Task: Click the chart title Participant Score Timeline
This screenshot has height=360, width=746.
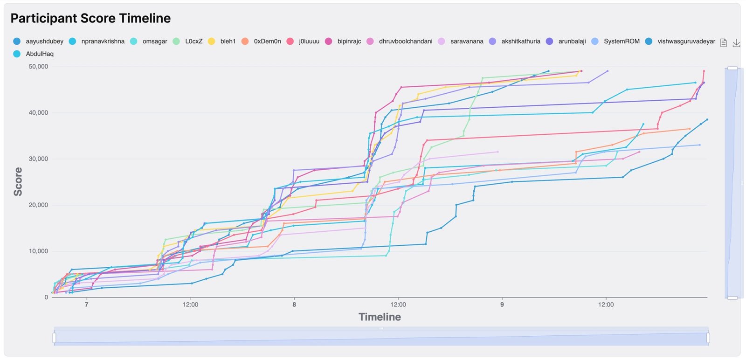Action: coord(90,18)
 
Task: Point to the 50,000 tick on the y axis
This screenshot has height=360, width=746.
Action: coord(38,67)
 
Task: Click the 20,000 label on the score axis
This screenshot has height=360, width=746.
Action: coord(38,205)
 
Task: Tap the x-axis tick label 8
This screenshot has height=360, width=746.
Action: coord(294,305)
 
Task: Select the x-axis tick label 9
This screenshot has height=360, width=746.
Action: coord(502,305)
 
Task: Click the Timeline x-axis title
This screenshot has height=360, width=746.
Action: coord(380,317)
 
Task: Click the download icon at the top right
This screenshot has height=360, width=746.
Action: coord(736,43)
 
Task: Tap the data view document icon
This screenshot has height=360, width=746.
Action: coord(724,43)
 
